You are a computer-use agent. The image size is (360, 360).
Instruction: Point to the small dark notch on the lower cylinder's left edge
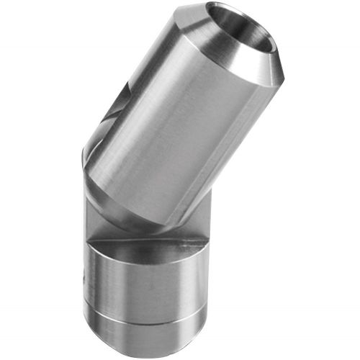coord(86,274)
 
